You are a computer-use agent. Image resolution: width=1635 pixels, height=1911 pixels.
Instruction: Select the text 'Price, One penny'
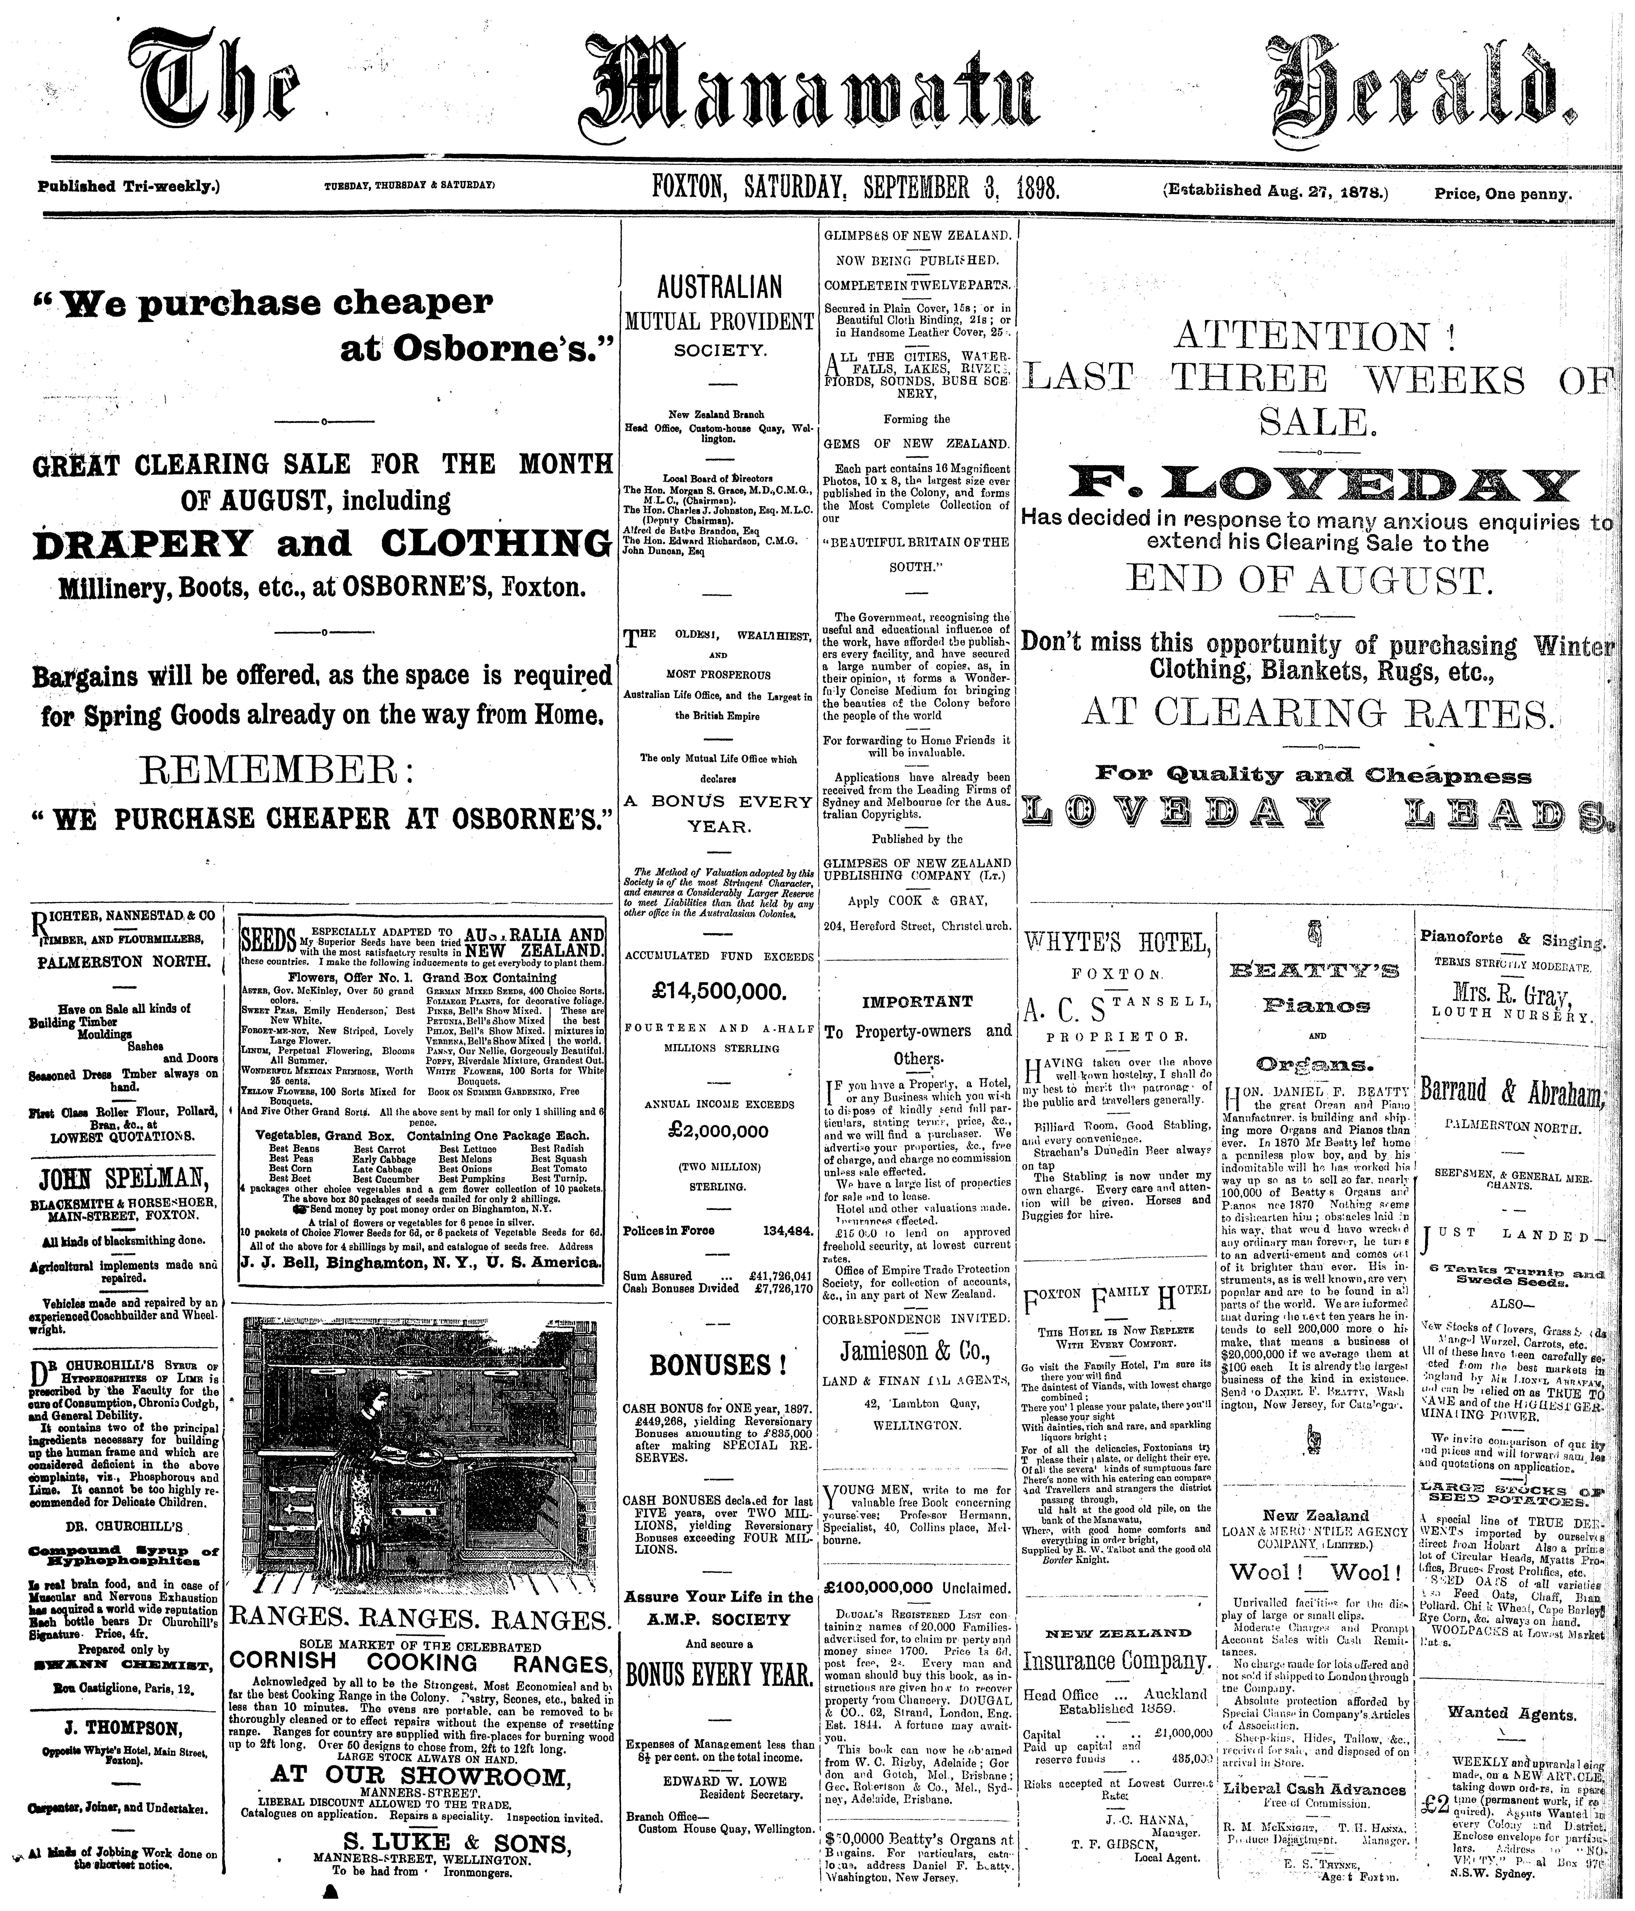tap(1502, 194)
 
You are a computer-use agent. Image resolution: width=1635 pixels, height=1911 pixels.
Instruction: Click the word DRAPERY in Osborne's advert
tap(141, 544)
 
